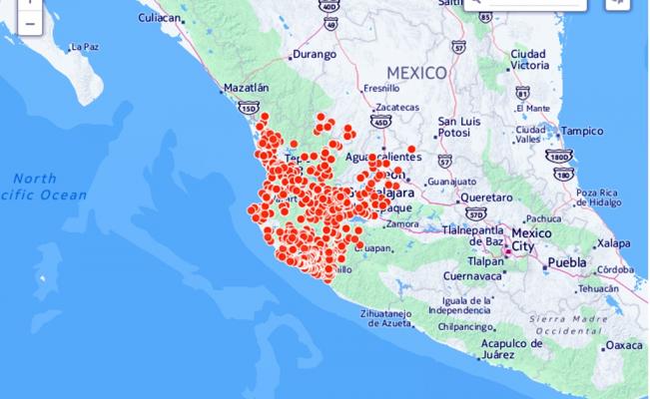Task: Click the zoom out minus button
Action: tap(29, 23)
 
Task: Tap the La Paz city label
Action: tap(84, 47)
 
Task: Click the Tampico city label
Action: tap(582, 131)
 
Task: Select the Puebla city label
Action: tap(566, 262)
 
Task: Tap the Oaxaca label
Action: tap(624, 345)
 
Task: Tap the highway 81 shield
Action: tap(522, 92)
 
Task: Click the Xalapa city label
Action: tap(614, 242)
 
